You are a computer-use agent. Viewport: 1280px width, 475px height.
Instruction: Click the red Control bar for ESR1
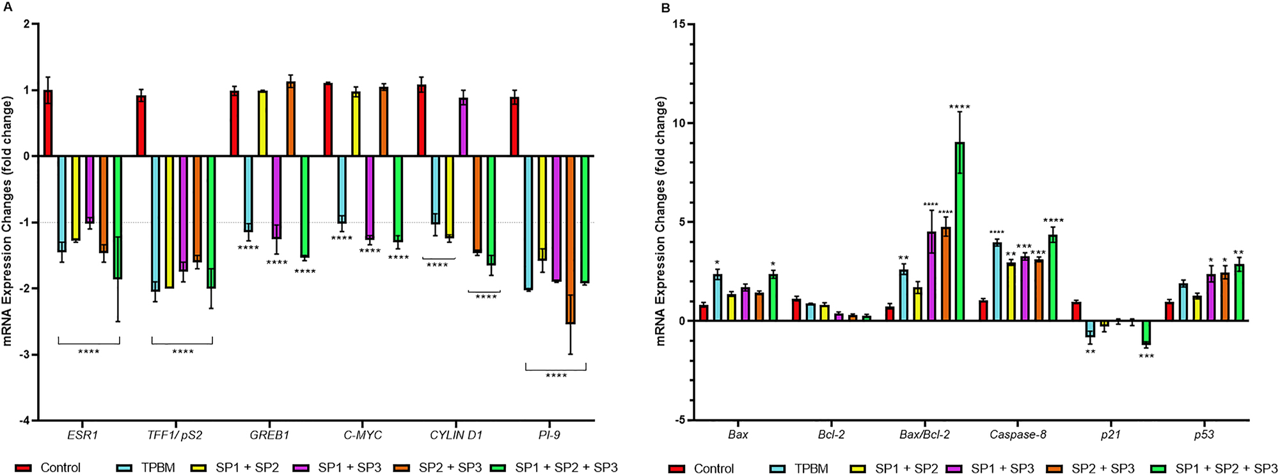pyautogui.click(x=47, y=123)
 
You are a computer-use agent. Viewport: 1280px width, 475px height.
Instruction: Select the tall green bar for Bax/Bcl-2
pyautogui.click(x=960, y=231)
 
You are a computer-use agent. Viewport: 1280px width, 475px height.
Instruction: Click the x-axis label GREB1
pyautogui.click(x=269, y=435)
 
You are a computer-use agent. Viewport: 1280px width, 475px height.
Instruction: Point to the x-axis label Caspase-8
pyautogui.click(x=1018, y=435)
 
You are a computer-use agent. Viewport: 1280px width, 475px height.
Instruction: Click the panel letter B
pyautogui.click(x=665, y=8)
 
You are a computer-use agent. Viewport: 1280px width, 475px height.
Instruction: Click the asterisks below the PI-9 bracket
pyautogui.click(x=556, y=376)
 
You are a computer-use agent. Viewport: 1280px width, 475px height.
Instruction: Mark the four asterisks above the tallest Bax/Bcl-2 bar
pyautogui.click(x=960, y=107)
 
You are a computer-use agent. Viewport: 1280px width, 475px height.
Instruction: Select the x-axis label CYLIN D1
pyautogui.click(x=455, y=435)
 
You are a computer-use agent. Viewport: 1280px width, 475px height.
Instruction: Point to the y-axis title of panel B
pyautogui.click(x=661, y=221)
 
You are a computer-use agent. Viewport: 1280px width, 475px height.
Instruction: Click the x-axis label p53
pyautogui.click(x=1204, y=435)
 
